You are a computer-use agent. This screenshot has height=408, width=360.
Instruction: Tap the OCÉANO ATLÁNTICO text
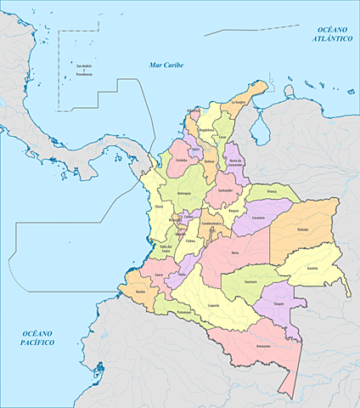click(x=329, y=34)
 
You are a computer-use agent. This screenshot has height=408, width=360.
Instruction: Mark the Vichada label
click(x=302, y=229)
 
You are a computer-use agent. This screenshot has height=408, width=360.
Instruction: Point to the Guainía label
click(x=312, y=267)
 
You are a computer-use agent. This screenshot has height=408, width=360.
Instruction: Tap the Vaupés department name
click(x=278, y=303)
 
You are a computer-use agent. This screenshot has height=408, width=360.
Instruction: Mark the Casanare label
click(x=259, y=218)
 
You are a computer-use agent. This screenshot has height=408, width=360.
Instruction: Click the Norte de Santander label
click(x=236, y=164)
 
